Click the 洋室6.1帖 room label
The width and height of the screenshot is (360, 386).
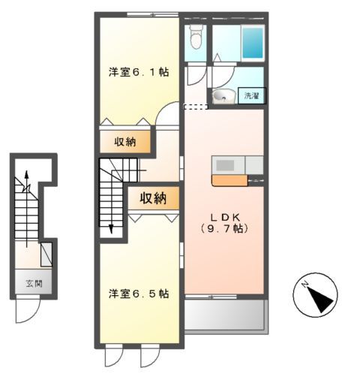[138, 73]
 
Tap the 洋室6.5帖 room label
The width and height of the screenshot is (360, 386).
[138, 294]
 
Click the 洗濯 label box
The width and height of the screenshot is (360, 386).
[250, 95]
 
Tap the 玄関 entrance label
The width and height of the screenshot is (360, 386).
[31, 285]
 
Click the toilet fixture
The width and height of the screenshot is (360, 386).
[196, 37]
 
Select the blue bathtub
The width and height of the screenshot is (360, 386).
[251, 44]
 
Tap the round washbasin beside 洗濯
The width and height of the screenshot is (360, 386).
[221, 96]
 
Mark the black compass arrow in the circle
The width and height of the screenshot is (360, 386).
[320, 299]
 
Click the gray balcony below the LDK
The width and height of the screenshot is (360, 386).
[224, 315]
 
